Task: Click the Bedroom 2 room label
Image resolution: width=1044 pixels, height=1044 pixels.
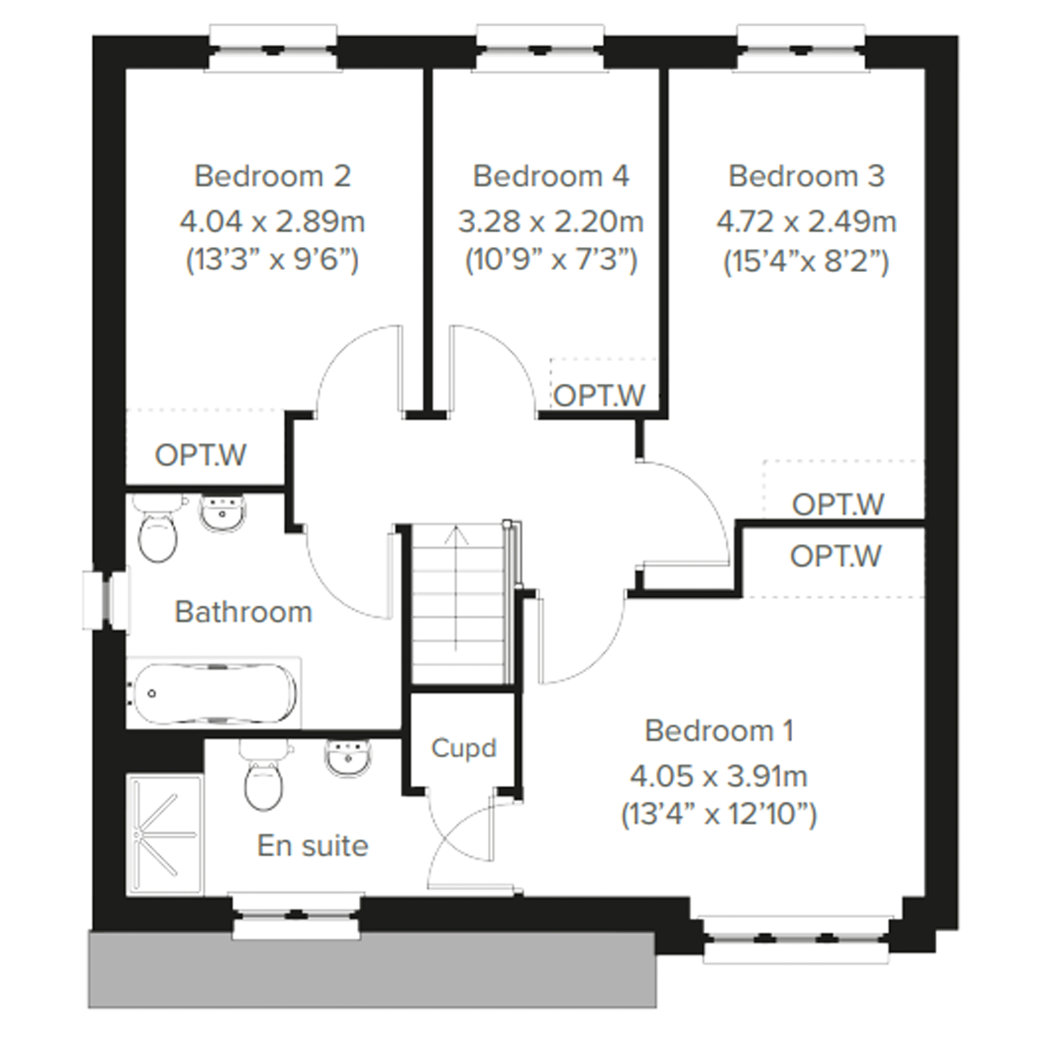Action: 272,176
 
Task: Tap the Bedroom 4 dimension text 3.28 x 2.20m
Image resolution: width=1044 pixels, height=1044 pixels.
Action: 551,222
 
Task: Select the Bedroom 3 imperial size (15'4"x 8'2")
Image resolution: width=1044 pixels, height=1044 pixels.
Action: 806,262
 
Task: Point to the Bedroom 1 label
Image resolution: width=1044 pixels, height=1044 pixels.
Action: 719,731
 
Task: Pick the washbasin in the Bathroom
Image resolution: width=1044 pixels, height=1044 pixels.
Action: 223,513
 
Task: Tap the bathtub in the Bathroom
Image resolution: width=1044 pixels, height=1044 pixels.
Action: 213,693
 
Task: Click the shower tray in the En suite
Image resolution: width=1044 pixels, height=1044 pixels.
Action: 165,835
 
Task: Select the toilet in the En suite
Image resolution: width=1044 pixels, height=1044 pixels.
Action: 265,775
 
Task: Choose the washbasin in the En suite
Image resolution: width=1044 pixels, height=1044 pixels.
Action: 349,759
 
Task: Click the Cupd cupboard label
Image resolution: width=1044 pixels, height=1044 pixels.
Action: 463,749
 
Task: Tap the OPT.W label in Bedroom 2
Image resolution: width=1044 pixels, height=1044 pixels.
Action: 201,455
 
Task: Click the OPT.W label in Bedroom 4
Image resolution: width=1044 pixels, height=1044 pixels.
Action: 599,395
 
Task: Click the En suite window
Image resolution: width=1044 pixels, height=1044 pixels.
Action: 296,916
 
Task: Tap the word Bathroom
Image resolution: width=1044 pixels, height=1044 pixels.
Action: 243,612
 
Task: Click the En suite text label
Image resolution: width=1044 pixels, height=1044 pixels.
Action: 312,846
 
